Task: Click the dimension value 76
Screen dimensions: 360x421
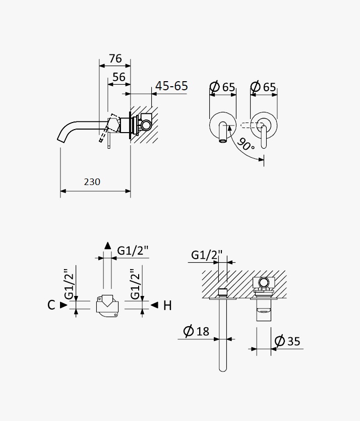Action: (x=115, y=58)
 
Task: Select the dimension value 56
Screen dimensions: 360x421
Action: (x=119, y=77)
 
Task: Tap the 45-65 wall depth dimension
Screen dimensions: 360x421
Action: (x=171, y=86)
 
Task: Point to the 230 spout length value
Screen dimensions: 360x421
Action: (x=92, y=182)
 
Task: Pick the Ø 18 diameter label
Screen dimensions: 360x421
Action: (x=196, y=331)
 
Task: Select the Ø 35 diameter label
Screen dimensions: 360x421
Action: (x=287, y=341)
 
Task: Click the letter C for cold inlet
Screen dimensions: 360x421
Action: (x=51, y=305)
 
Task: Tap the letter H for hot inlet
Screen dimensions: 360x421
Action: (x=167, y=306)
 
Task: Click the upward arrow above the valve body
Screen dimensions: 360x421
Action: (x=108, y=246)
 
